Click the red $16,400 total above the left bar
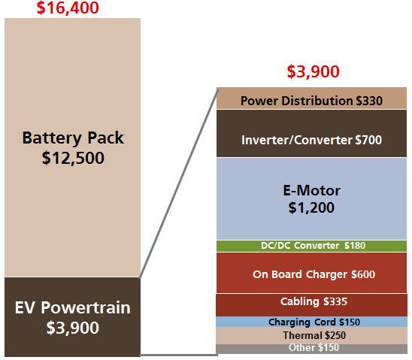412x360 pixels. [x=68, y=8]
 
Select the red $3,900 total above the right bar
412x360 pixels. [x=314, y=71]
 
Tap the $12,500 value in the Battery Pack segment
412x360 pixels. [x=73, y=158]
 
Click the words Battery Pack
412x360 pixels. [x=73, y=138]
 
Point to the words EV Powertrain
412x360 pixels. [x=72, y=307]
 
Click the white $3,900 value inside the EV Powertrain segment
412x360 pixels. [x=72, y=328]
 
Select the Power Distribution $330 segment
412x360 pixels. [x=311, y=98]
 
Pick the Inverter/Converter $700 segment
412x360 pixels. [x=311, y=133]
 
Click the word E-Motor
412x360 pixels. [x=311, y=190]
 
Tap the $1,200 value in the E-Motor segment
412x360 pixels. [x=311, y=207]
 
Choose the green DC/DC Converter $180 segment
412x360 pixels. [x=311, y=246]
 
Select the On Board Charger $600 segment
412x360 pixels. [x=311, y=273]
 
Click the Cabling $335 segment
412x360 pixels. [x=311, y=305]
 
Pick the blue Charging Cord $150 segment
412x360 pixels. [x=311, y=322]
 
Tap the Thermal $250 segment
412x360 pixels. [x=311, y=336]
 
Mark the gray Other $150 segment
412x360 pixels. [x=311, y=349]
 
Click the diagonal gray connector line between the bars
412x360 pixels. [x=179, y=183]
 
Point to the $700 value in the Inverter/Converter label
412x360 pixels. [x=368, y=140]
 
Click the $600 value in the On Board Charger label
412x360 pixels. [x=363, y=274]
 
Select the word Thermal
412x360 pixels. [x=303, y=335]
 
